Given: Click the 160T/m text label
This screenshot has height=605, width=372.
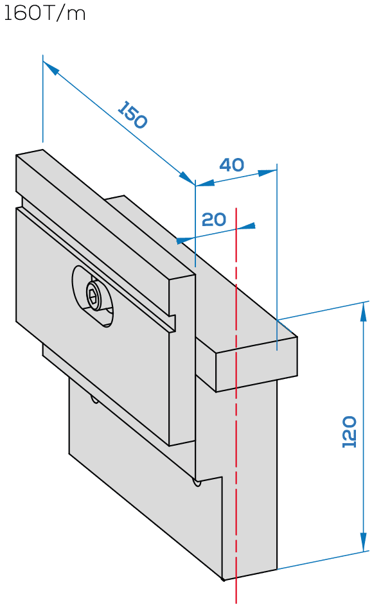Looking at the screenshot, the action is click(x=44, y=14).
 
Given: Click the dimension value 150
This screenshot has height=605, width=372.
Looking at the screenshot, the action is click(x=132, y=114).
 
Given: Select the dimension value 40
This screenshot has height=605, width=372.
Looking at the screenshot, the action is click(x=231, y=165).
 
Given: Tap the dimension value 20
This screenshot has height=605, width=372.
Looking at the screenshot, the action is click(x=214, y=220).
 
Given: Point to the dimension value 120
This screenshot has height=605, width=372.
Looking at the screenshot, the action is click(x=350, y=432).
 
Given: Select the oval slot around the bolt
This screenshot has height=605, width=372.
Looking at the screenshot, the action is click(x=93, y=296).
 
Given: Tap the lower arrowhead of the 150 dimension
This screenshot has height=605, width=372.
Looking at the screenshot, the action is click(x=187, y=179).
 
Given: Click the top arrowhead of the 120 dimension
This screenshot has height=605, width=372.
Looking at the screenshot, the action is click(x=363, y=311).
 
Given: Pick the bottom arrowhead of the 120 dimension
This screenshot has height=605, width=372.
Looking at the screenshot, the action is click(x=363, y=542).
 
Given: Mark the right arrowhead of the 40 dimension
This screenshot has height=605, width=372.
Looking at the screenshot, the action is click(x=268, y=173).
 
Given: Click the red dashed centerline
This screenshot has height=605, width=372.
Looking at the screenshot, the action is click(x=236, y=405).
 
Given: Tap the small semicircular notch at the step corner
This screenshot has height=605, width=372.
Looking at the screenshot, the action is click(x=197, y=482).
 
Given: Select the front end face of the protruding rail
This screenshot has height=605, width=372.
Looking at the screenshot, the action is click(x=256, y=365).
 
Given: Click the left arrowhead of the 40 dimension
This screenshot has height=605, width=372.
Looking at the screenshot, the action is click(x=205, y=183).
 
